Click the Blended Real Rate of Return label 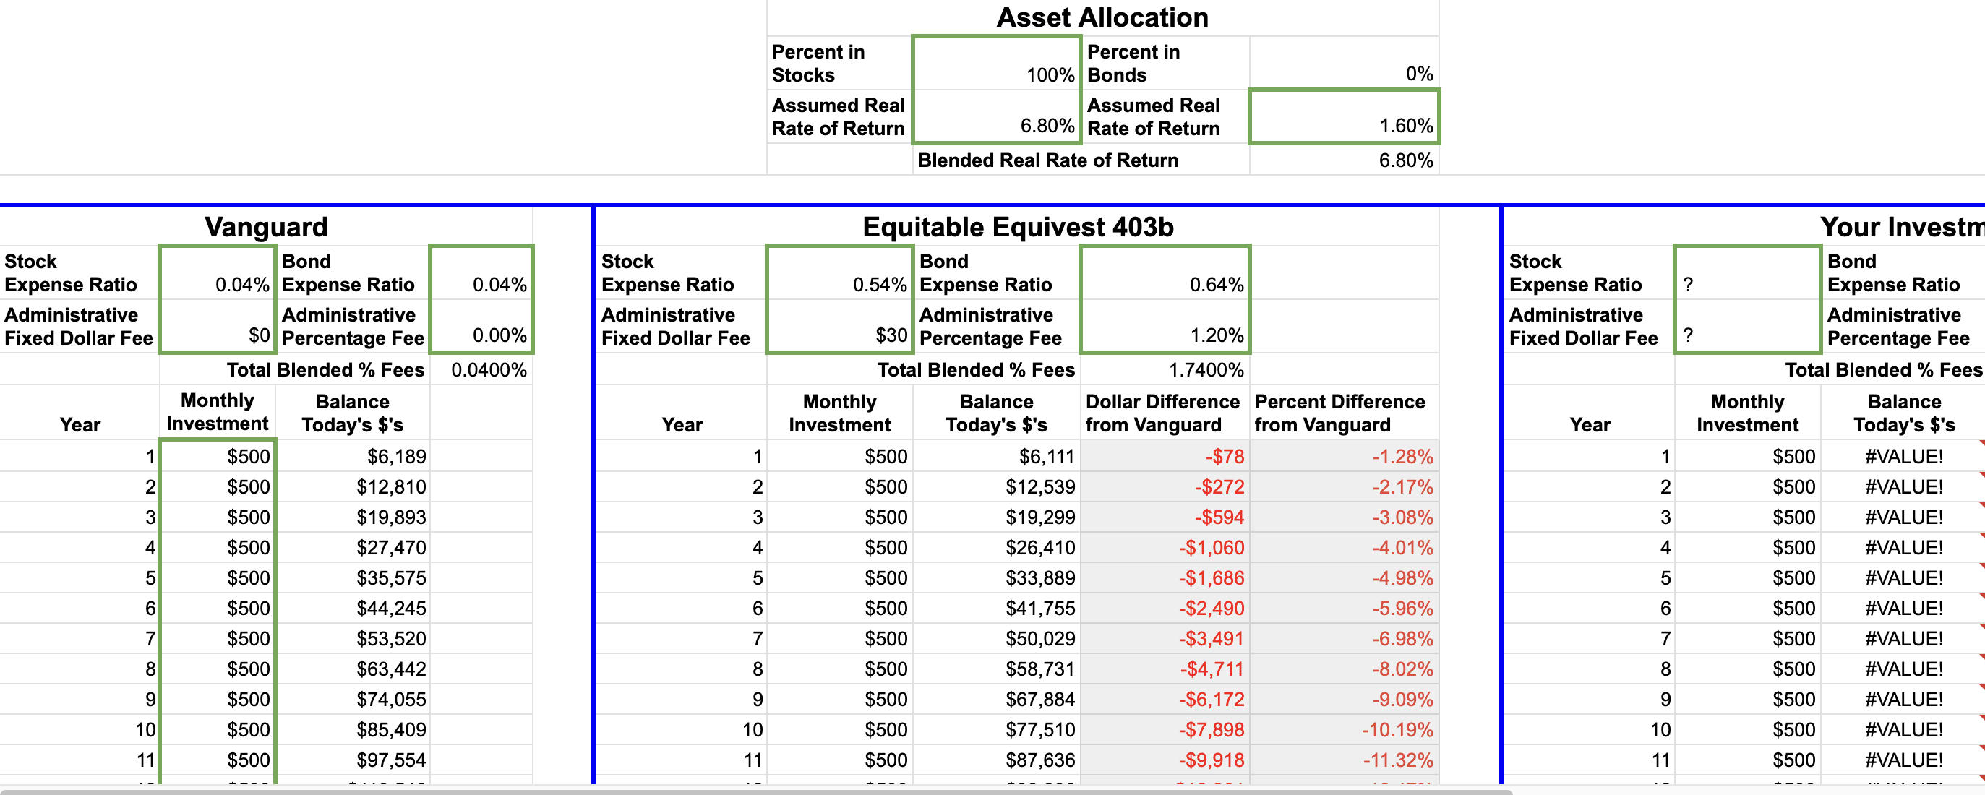1048,160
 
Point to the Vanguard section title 266,226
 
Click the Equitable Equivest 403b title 1017,226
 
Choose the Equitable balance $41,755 1039,609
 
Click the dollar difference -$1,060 1211,548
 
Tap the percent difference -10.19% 1397,729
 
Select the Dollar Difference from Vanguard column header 1162,413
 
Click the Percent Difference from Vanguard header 1339,413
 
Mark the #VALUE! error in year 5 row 1903,577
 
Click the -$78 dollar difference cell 1225,457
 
